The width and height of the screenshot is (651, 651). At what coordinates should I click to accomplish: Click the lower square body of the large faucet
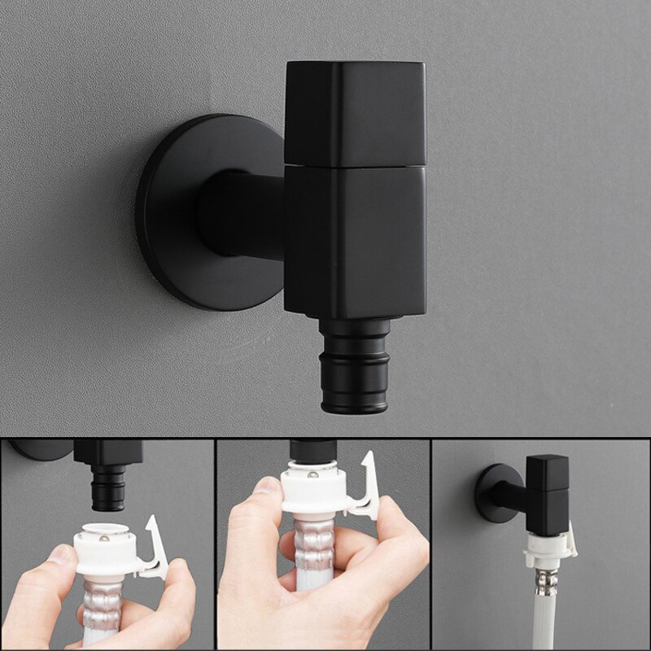click(354, 240)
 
